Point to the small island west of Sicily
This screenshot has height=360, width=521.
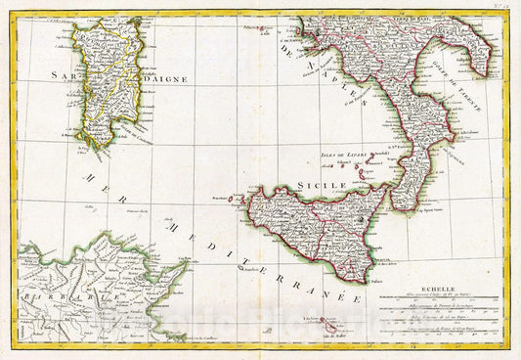(233, 197)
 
